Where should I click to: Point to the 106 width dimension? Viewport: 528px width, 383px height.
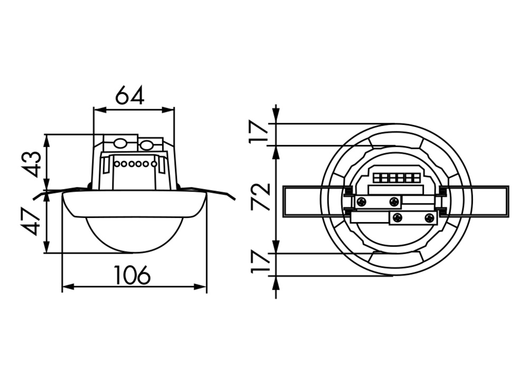[132, 275]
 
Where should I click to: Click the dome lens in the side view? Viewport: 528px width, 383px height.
[134, 232]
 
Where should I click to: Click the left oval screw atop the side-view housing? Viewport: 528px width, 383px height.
[120, 143]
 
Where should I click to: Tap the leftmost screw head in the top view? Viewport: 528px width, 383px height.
[362, 202]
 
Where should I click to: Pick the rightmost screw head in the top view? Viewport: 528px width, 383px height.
[429, 217]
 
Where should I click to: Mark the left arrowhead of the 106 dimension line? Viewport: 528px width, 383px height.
[65, 286]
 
